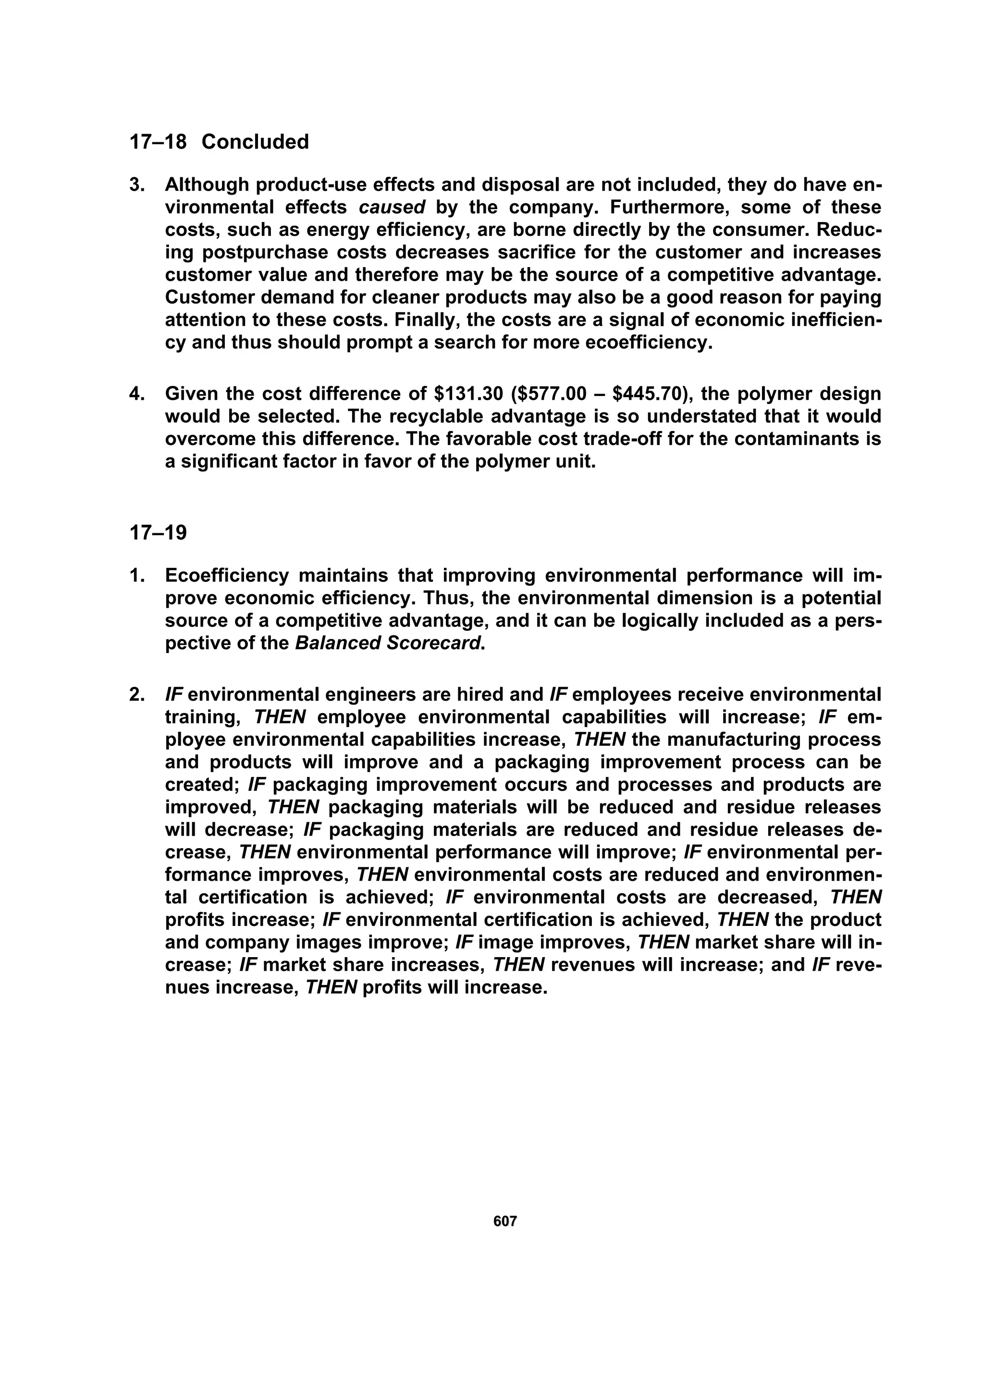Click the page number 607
tap(505, 1221)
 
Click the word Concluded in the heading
tap(255, 142)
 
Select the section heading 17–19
tap(158, 533)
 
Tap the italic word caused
tap(392, 208)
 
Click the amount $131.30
tap(470, 394)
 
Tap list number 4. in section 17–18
tap(137, 394)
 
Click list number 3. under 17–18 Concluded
tap(137, 185)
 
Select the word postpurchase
tap(255, 252)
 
